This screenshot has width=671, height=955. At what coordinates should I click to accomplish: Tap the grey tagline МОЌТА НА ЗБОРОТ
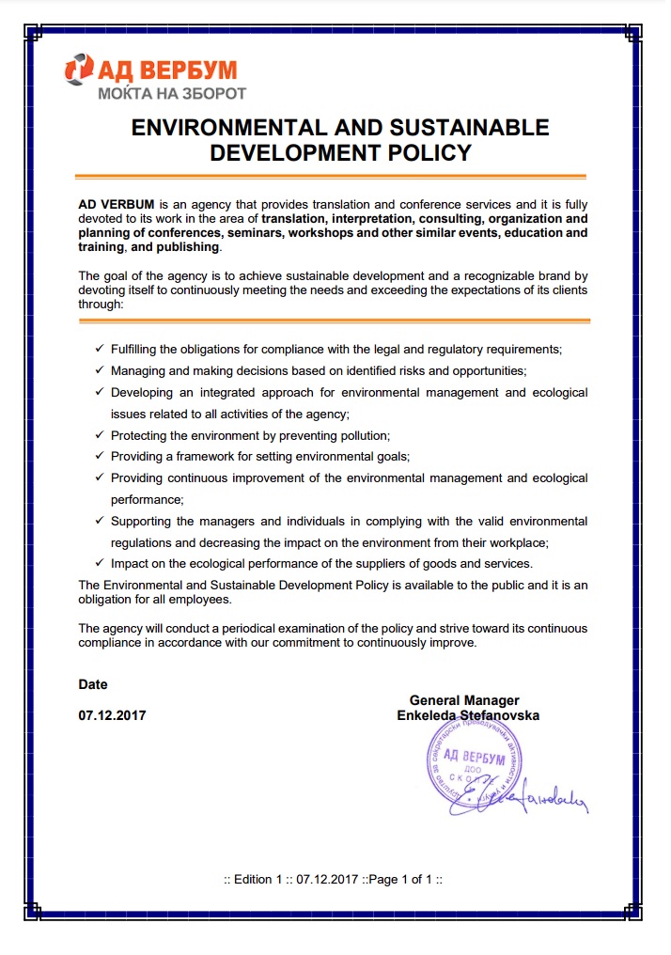[172, 93]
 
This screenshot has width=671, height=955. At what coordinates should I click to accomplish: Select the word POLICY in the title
[424, 152]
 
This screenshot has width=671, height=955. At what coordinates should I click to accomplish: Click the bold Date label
[93, 684]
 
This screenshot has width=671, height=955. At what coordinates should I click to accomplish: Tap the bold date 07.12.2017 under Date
[112, 715]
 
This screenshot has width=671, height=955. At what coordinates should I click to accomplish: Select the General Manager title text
[464, 700]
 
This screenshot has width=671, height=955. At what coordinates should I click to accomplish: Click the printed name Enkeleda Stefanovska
[468, 715]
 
